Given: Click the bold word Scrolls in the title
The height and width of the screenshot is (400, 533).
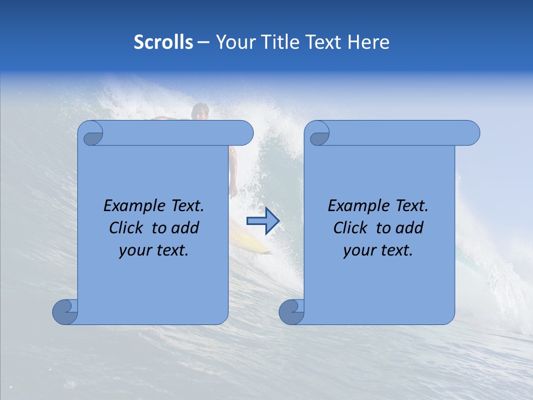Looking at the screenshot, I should [163, 42].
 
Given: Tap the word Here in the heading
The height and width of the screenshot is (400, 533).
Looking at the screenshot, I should [369, 42].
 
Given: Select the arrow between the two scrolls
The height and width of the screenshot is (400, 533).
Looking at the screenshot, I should [263, 221].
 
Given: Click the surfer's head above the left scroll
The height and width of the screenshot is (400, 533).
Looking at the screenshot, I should [200, 111].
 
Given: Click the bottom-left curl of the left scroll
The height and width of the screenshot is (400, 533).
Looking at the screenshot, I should [66, 312].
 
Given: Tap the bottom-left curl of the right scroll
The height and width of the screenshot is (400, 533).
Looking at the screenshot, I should [292, 312].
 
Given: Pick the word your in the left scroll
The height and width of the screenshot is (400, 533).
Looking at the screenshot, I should [135, 251].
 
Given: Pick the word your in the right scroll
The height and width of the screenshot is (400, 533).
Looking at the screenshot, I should [359, 251].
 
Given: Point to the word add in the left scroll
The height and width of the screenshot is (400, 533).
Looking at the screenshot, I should [185, 228].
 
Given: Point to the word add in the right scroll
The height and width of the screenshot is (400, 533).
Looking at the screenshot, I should [409, 228].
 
